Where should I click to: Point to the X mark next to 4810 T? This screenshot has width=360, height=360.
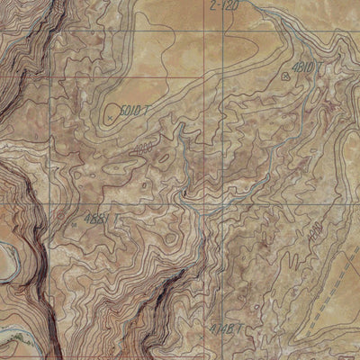pyautogui.click(x=287, y=76)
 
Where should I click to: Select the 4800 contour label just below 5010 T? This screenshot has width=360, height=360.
pyautogui.click(x=141, y=148)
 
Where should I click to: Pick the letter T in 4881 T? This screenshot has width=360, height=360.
pyautogui.click(x=114, y=219)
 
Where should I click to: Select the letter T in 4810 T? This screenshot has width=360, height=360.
pyautogui.click(x=321, y=67)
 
